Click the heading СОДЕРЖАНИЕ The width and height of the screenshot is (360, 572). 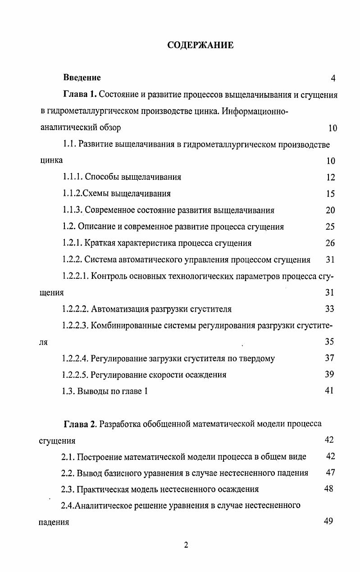(200, 45)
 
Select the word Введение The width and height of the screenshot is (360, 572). (82, 78)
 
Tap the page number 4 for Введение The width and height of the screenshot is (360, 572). (333, 78)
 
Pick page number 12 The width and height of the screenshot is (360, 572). (330, 177)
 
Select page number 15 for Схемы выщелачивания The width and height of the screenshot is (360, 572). (330, 194)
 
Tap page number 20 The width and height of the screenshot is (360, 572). (330, 210)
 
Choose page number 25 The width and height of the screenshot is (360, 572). (330, 227)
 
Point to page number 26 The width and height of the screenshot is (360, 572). (330, 243)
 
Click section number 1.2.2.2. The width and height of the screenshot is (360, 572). (75, 309)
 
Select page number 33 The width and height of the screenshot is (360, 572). (330, 309)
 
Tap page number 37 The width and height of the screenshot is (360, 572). (329, 358)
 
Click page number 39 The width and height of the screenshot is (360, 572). (329, 374)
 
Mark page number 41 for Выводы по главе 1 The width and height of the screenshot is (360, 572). (329, 390)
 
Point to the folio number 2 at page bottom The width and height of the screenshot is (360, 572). (186, 545)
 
